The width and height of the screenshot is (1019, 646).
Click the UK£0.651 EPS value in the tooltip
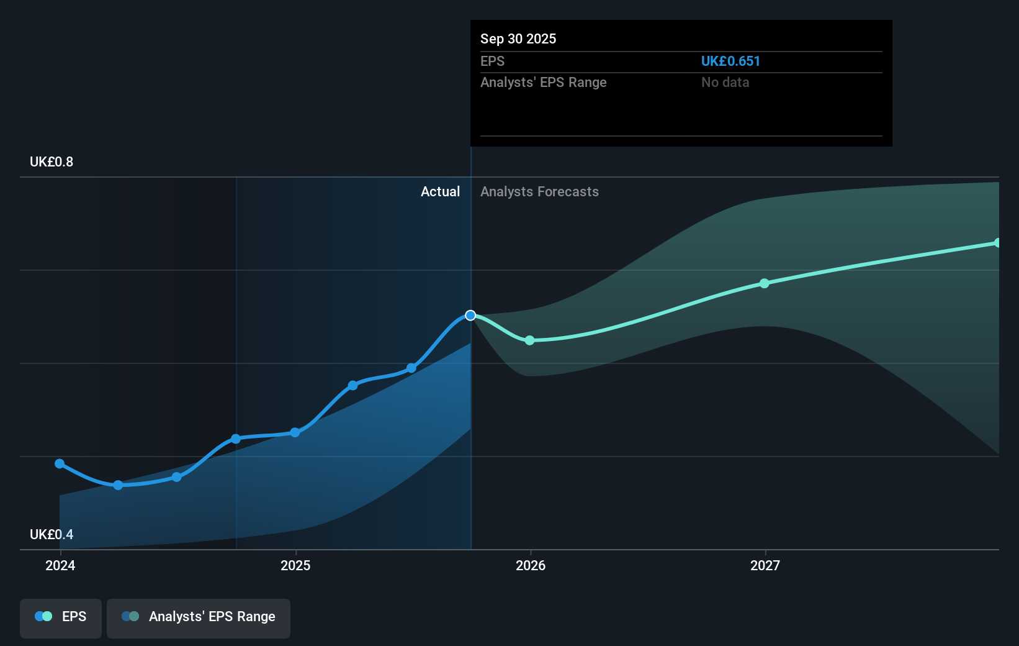click(730, 61)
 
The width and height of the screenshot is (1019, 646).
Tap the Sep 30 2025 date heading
click(518, 39)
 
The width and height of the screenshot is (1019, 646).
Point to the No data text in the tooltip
click(725, 82)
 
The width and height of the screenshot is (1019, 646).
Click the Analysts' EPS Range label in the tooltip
click(543, 82)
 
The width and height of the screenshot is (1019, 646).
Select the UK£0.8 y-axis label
click(52, 161)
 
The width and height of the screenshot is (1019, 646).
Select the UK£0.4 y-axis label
click(52, 534)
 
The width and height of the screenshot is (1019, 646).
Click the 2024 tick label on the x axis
click(60, 565)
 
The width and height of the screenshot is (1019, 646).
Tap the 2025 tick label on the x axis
click(295, 565)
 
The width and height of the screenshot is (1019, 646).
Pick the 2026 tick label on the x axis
click(531, 565)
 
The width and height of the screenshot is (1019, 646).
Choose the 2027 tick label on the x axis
click(765, 565)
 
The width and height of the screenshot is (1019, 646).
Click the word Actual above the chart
click(440, 191)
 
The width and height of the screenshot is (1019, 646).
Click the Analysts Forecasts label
click(539, 191)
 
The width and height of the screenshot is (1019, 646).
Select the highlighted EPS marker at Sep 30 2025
click(470, 316)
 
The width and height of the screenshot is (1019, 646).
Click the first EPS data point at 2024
click(60, 463)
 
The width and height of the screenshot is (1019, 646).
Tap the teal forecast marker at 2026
click(529, 340)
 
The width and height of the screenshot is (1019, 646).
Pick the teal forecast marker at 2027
click(765, 283)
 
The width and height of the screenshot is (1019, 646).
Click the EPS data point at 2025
click(295, 432)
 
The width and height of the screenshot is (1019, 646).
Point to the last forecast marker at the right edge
click(997, 243)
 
